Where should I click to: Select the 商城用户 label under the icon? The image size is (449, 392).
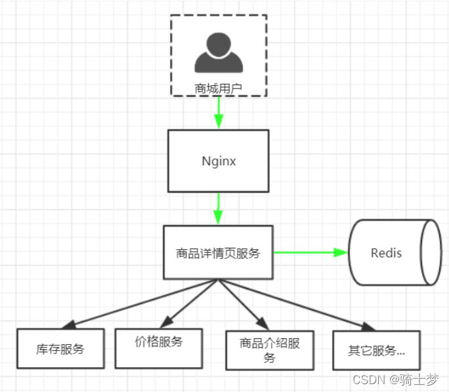[x=219, y=87]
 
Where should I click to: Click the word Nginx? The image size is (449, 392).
[x=219, y=161]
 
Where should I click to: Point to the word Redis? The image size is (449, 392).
[x=386, y=253]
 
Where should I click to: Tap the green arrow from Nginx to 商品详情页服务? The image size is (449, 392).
[x=219, y=208]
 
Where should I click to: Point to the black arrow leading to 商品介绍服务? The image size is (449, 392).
[x=243, y=304]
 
